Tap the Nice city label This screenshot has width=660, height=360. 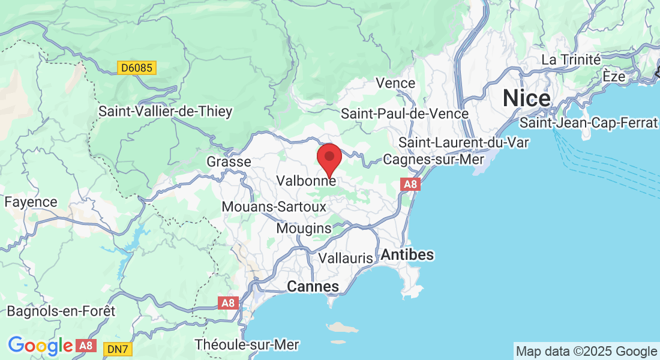[527, 97]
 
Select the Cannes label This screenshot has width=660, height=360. [313, 287]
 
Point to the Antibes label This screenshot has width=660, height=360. [407, 254]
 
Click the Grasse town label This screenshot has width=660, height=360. [229, 162]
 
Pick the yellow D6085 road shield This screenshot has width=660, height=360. [136, 68]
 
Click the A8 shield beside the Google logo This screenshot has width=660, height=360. [86, 346]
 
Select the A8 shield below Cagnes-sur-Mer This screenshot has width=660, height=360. [410, 184]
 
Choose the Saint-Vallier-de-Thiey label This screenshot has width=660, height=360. [165, 112]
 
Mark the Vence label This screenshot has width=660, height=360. [395, 83]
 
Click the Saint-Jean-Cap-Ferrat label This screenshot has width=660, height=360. [589, 123]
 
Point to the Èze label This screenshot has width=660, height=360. [614, 77]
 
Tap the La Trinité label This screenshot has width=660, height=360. [571, 59]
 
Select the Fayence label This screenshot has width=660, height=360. [31, 202]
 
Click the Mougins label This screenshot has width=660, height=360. [304, 229]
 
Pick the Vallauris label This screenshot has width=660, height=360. [346, 258]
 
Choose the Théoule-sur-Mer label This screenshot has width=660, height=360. [247, 345]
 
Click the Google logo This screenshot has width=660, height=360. [40, 346]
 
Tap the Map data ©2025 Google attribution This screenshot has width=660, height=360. [586, 351]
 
